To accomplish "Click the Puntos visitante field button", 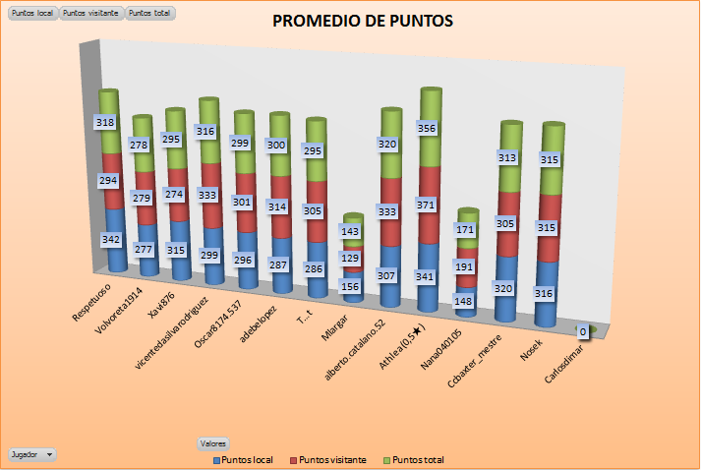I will [91, 14].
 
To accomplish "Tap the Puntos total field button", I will [149, 14].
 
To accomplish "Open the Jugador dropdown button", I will [31, 454].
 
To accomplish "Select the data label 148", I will [465, 301].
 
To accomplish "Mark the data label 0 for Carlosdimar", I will [583, 332].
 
